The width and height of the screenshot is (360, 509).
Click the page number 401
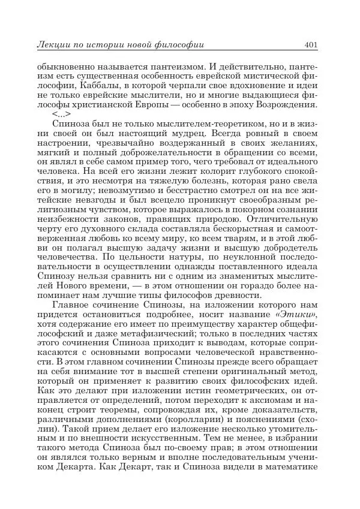pos(311,44)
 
